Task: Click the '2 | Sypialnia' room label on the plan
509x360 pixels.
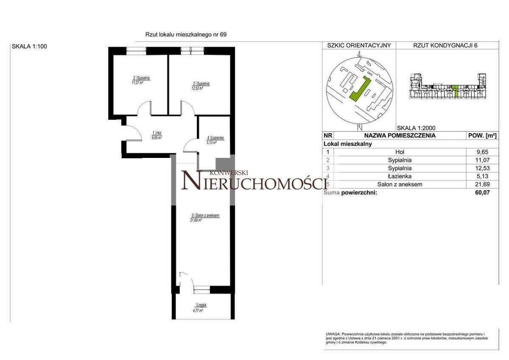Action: click(142, 78)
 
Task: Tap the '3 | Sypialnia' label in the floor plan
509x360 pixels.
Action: click(201, 84)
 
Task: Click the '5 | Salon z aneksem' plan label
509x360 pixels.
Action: click(205, 216)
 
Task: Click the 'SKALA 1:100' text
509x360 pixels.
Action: click(29, 47)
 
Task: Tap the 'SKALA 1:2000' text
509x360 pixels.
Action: click(416, 127)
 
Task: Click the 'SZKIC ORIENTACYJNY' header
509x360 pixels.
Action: click(359, 45)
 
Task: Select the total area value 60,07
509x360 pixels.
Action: click(483, 192)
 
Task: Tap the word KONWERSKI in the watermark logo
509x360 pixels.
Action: click(229, 173)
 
